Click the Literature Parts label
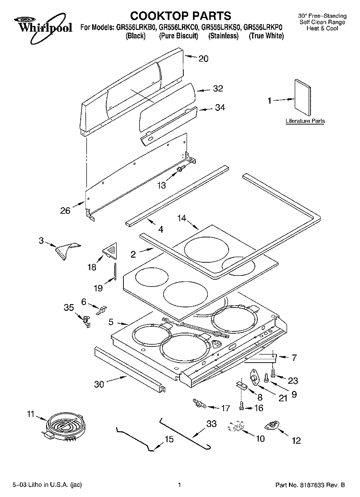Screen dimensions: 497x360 tap(305, 121)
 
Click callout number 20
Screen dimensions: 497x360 tap(204, 59)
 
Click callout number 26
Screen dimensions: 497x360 tap(66, 210)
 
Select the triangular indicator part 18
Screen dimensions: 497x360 tap(111, 249)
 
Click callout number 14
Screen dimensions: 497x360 tap(181, 218)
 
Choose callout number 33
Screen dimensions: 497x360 tap(212, 424)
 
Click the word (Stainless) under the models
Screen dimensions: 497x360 tap(224, 36)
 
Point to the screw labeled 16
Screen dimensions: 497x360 tap(242, 407)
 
